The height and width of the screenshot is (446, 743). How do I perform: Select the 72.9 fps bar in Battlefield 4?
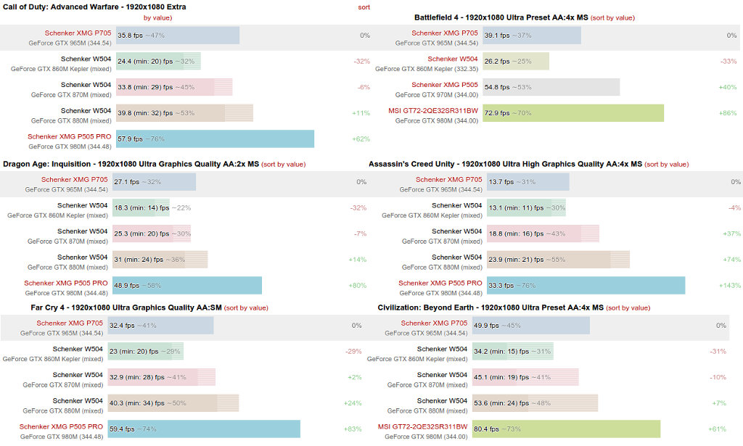click(x=573, y=112)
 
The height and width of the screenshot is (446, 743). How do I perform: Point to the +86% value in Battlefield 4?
click(x=728, y=113)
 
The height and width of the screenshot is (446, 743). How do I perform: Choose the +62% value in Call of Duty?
click(x=361, y=139)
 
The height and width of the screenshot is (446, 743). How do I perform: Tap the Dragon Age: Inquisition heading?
click(x=131, y=164)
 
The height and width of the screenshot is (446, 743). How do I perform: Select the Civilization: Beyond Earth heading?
click(x=490, y=307)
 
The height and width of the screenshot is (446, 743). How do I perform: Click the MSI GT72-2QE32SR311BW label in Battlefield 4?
click(x=433, y=111)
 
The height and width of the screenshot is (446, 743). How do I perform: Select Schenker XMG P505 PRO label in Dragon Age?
click(x=66, y=283)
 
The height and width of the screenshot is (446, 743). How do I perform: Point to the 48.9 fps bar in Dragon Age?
click(x=187, y=285)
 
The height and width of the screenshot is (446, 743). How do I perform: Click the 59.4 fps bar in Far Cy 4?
click(x=204, y=429)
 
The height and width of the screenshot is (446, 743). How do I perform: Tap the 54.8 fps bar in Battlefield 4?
click(x=551, y=87)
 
